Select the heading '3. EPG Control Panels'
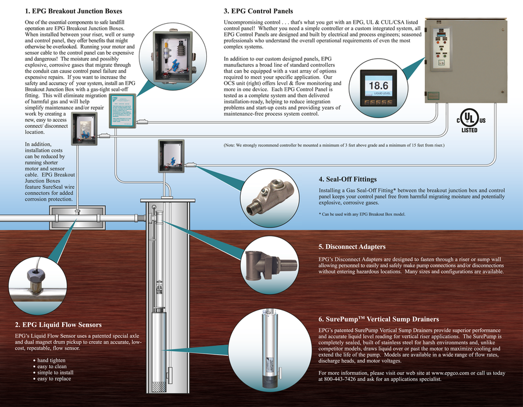[x=258, y=11]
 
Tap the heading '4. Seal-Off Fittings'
[x=348, y=179]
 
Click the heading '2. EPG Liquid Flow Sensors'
[x=58, y=324]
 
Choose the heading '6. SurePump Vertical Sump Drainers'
[x=378, y=319]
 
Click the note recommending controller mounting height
[x=334, y=145]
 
